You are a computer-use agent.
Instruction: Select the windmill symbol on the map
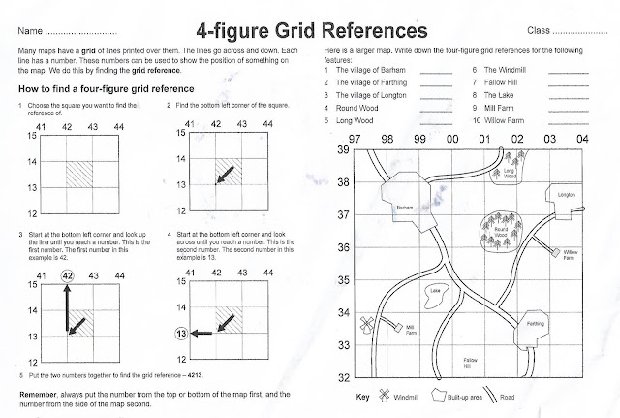coord(366,324)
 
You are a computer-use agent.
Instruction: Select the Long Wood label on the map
coord(510,175)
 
